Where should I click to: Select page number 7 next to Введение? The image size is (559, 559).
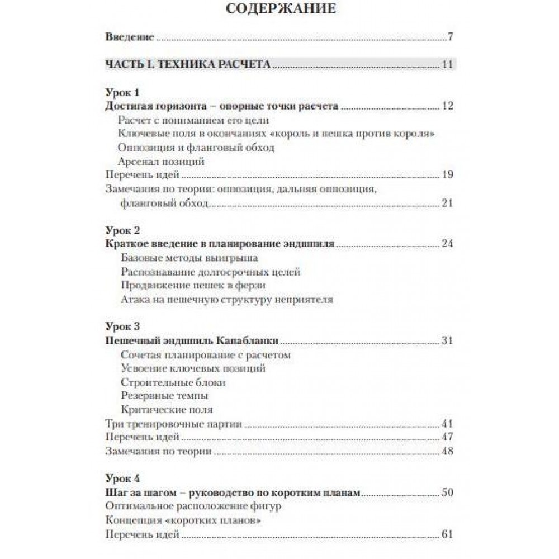click(x=449, y=38)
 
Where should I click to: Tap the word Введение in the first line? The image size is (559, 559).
click(x=130, y=38)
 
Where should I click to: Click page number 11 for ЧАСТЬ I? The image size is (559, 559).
click(x=447, y=64)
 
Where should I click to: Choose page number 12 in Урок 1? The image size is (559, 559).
click(x=447, y=106)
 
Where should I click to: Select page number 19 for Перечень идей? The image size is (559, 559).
click(x=447, y=175)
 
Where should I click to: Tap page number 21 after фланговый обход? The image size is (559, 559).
click(x=447, y=203)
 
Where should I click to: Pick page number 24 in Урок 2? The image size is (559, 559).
click(x=447, y=244)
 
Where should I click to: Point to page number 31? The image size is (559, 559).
click(x=447, y=341)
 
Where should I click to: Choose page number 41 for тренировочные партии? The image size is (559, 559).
click(x=447, y=423)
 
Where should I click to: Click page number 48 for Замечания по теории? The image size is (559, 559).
click(x=447, y=451)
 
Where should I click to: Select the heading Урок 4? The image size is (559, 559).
click(x=122, y=479)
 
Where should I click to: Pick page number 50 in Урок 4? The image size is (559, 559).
click(x=447, y=492)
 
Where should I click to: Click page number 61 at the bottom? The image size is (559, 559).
click(x=447, y=534)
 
